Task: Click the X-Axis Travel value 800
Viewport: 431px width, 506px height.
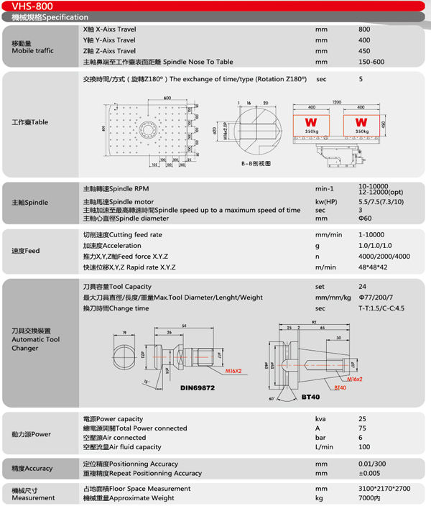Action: point(364,29)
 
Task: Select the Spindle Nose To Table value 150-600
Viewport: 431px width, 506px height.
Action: point(371,62)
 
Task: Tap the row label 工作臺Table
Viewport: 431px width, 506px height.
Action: point(30,122)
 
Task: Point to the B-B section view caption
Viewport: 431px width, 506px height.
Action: point(256,164)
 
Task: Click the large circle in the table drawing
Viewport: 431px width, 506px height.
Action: point(149,128)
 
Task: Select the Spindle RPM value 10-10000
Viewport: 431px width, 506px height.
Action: point(375,187)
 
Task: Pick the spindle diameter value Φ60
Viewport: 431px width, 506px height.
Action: point(365,218)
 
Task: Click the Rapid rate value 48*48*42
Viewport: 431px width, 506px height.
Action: point(374,267)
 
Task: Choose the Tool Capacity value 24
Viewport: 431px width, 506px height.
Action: point(363,287)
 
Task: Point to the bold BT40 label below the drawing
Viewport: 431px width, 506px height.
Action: point(310,397)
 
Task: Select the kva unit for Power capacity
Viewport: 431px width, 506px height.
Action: point(320,419)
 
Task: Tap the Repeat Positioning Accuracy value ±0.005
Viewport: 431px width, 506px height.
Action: point(371,474)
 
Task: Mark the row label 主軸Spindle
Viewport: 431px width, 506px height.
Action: point(31,203)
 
